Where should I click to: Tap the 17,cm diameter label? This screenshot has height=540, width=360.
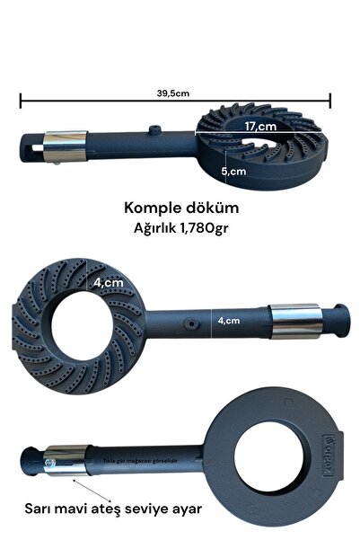point(259,127)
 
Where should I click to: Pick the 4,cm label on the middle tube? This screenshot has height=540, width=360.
point(230,319)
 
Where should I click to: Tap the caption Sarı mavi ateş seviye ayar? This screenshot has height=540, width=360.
point(111,509)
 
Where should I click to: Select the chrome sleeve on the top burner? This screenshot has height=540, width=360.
point(71,142)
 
